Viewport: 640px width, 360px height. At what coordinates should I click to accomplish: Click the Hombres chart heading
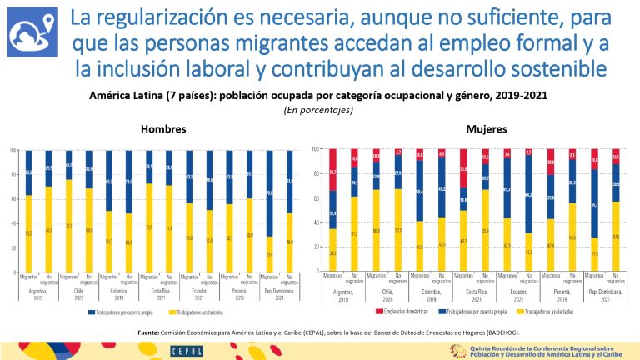[162, 130]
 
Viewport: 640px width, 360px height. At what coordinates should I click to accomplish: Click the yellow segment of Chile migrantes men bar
[68, 226]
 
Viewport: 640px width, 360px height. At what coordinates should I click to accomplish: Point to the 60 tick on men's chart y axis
[13, 199]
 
